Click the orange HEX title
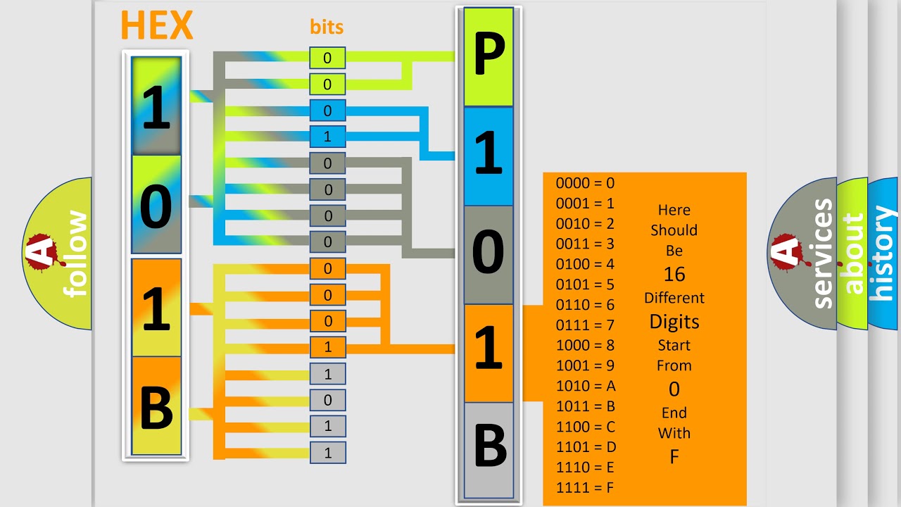156,25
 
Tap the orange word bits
327,27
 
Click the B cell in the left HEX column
156,406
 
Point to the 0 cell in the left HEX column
156,205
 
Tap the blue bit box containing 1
327,137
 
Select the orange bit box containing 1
327,347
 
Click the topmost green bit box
327,58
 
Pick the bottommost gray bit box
327,453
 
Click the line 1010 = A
586,386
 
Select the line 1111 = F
586,487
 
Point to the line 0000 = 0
585,183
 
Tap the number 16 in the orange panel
674,274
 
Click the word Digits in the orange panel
674,322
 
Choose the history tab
883,254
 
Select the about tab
852,254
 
